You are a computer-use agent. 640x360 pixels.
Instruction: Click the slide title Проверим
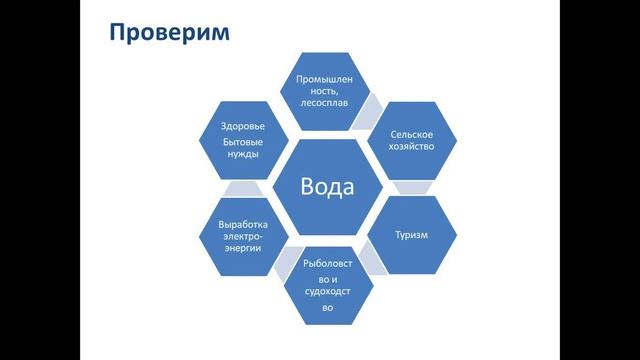click(169, 33)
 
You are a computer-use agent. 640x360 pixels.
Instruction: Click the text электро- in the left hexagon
click(243, 236)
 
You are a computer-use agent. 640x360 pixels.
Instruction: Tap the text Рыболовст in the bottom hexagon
click(326, 263)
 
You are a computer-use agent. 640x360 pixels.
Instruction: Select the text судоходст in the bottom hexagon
click(326, 293)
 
